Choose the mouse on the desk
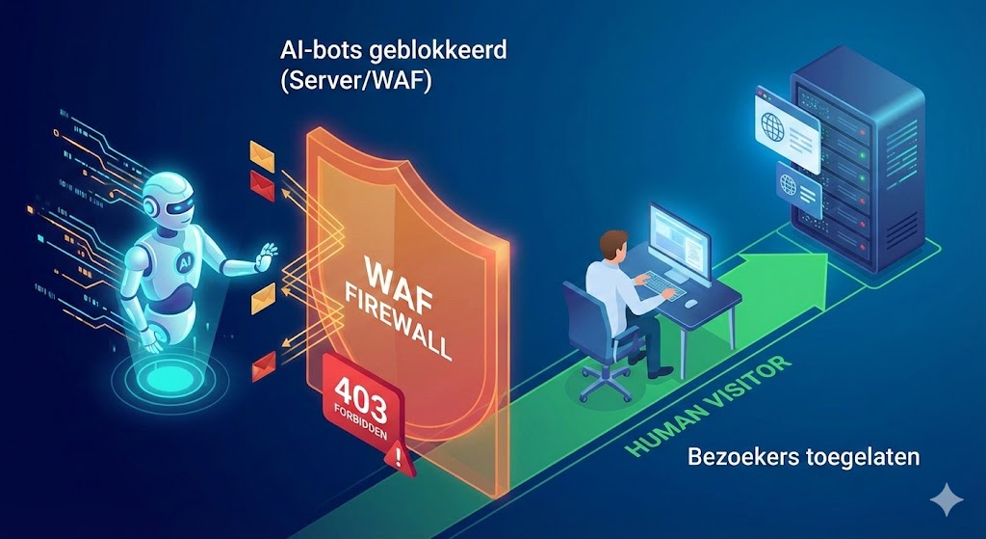click(x=690, y=303)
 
